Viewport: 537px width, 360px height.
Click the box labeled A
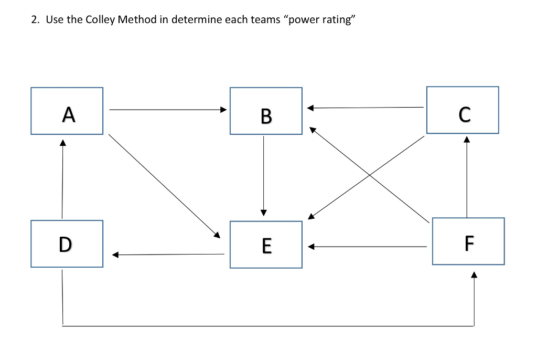(67, 111)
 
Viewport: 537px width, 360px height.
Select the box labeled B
(266, 111)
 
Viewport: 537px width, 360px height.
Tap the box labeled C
(463, 110)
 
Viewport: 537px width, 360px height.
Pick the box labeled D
(67, 244)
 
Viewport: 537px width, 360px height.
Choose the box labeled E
(266, 245)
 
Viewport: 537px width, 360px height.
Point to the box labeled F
(468, 241)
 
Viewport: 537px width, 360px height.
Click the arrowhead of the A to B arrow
(223, 110)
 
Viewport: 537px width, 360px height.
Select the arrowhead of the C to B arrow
(310, 108)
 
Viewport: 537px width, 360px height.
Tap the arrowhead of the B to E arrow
(263, 212)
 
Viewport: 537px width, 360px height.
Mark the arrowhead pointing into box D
(115, 255)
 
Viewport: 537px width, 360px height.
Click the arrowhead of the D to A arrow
(63, 142)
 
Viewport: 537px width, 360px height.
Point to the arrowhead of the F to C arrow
(466, 140)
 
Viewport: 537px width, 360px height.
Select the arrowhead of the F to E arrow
(310, 246)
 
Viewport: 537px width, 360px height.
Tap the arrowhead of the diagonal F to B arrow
(312, 129)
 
